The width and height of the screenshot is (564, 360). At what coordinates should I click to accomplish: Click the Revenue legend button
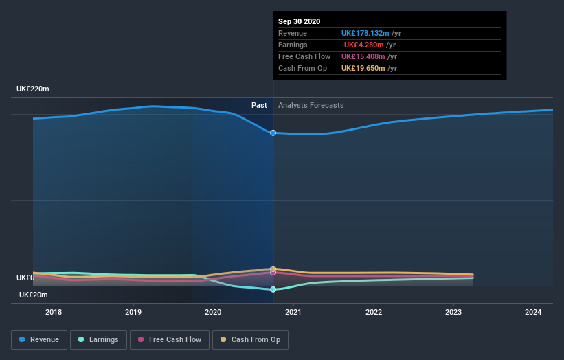pyautogui.click(x=40, y=339)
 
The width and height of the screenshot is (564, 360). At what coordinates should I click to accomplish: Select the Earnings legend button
pyautogui.click(x=98, y=339)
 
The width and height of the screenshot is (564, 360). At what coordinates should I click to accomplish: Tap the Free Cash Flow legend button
pyautogui.click(x=170, y=339)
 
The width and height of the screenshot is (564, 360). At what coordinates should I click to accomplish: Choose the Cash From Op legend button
pyautogui.click(x=251, y=339)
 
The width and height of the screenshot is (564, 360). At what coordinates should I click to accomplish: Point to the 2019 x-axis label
pyautogui.click(x=133, y=312)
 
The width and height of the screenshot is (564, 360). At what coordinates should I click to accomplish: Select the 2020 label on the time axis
pyautogui.click(x=213, y=312)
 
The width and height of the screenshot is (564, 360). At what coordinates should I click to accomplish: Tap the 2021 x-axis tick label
pyautogui.click(x=293, y=312)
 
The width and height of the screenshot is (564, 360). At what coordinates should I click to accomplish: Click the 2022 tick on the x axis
pyautogui.click(x=374, y=312)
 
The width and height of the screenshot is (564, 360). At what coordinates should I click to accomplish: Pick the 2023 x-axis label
pyautogui.click(x=453, y=312)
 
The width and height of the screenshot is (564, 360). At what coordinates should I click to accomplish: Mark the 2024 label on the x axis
pyautogui.click(x=533, y=312)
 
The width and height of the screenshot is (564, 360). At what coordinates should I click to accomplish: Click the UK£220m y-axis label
pyautogui.click(x=33, y=89)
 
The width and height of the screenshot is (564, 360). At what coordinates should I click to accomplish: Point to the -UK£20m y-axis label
pyautogui.click(x=33, y=295)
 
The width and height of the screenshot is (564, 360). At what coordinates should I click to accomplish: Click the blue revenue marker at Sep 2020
pyautogui.click(x=273, y=133)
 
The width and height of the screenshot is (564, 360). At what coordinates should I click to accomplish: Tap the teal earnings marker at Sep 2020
pyautogui.click(x=273, y=289)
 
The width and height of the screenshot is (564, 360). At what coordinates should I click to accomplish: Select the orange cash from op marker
pyautogui.click(x=273, y=269)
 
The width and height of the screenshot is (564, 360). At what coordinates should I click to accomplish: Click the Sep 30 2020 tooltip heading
pyautogui.click(x=300, y=22)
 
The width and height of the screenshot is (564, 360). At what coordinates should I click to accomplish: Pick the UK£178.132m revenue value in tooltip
pyautogui.click(x=365, y=33)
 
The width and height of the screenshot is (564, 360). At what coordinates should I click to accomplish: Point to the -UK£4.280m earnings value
pyautogui.click(x=363, y=45)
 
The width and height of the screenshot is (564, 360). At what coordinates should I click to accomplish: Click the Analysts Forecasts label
pyautogui.click(x=311, y=105)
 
